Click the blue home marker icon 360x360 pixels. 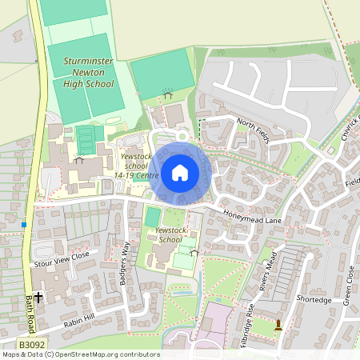(180, 172)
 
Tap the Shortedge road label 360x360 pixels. (314, 300)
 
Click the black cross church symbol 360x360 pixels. (38, 297)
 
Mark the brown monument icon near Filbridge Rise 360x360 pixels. (278, 325)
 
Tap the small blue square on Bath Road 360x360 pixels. (24, 225)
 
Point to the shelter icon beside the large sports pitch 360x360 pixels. (168, 94)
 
